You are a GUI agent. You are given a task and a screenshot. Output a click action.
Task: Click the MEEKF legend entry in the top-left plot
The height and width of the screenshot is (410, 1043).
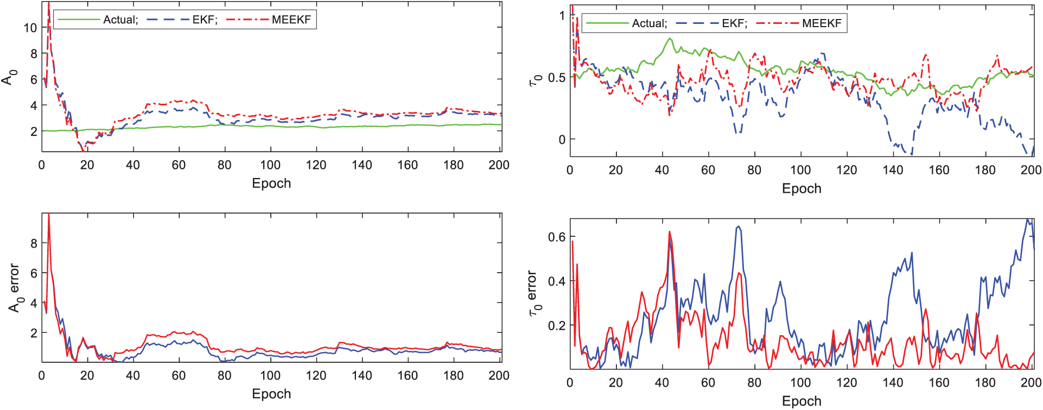(x=291, y=20)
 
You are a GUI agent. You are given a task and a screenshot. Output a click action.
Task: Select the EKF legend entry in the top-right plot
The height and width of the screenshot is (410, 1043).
(x=734, y=23)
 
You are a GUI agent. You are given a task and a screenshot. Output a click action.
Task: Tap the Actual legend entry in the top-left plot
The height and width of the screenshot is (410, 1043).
(x=120, y=20)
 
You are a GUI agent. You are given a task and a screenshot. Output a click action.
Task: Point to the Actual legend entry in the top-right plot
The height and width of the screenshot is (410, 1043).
(x=650, y=23)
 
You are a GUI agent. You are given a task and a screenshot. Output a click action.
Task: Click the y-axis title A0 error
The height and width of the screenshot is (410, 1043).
(x=15, y=288)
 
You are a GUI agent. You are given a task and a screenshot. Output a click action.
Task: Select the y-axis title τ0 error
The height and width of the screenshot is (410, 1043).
(x=534, y=294)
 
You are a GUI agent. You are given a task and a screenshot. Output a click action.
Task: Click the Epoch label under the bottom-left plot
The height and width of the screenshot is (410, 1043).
(x=271, y=394)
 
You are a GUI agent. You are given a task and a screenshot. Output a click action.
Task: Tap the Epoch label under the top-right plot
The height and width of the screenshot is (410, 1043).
(x=802, y=188)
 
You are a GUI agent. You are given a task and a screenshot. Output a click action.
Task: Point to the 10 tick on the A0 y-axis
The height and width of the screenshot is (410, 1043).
(x=30, y=28)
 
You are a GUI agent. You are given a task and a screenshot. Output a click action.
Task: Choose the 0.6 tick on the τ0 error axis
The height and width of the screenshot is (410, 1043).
(x=557, y=237)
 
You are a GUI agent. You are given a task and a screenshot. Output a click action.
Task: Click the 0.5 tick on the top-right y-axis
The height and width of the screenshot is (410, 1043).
(x=557, y=78)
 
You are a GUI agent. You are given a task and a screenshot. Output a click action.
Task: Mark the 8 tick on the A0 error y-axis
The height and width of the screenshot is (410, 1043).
(x=34, y=243)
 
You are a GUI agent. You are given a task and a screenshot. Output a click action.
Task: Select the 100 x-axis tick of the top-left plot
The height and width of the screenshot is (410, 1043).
(x=270, y=165)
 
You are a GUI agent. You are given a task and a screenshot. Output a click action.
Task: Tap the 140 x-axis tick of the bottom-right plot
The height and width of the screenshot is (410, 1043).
(x=893, y=382)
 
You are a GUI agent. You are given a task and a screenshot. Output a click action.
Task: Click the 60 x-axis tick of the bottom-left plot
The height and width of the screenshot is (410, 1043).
(x=179, y=376)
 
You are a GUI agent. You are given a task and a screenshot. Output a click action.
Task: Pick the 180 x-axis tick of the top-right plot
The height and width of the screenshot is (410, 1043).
(x=985, y=170)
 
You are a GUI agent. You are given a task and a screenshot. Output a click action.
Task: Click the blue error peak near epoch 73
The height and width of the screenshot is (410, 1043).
(x=739, y=226)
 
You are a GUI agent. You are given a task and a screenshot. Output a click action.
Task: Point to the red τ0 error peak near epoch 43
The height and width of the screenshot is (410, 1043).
(x=670, y=231)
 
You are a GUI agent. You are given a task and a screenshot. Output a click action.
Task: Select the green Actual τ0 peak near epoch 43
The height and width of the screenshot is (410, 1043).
(x=670, y=39)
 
